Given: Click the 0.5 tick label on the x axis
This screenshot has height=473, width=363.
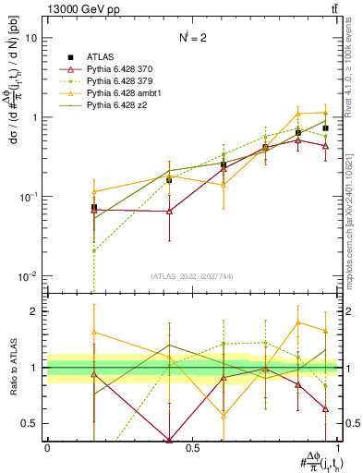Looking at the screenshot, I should pyautogui.click(x=192, y=447).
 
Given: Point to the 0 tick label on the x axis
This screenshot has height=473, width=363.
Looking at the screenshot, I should pyautogui.click(x=47, y=447).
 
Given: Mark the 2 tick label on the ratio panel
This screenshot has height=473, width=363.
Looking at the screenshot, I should pyautogui.click(x=36, y=311).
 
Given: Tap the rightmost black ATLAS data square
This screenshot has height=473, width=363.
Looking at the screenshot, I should pyautogui.click(x=325, y=128).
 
